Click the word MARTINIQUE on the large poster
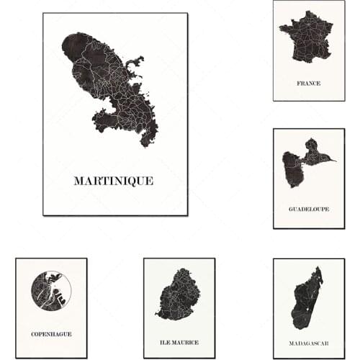(113, 181)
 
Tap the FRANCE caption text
(308, 84)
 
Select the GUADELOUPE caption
(308, 209)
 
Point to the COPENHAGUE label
(51, 334)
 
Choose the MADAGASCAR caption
(308, 342)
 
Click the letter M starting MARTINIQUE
(78, 181)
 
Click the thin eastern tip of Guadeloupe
(333, 160)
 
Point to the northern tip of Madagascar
(318, 269)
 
